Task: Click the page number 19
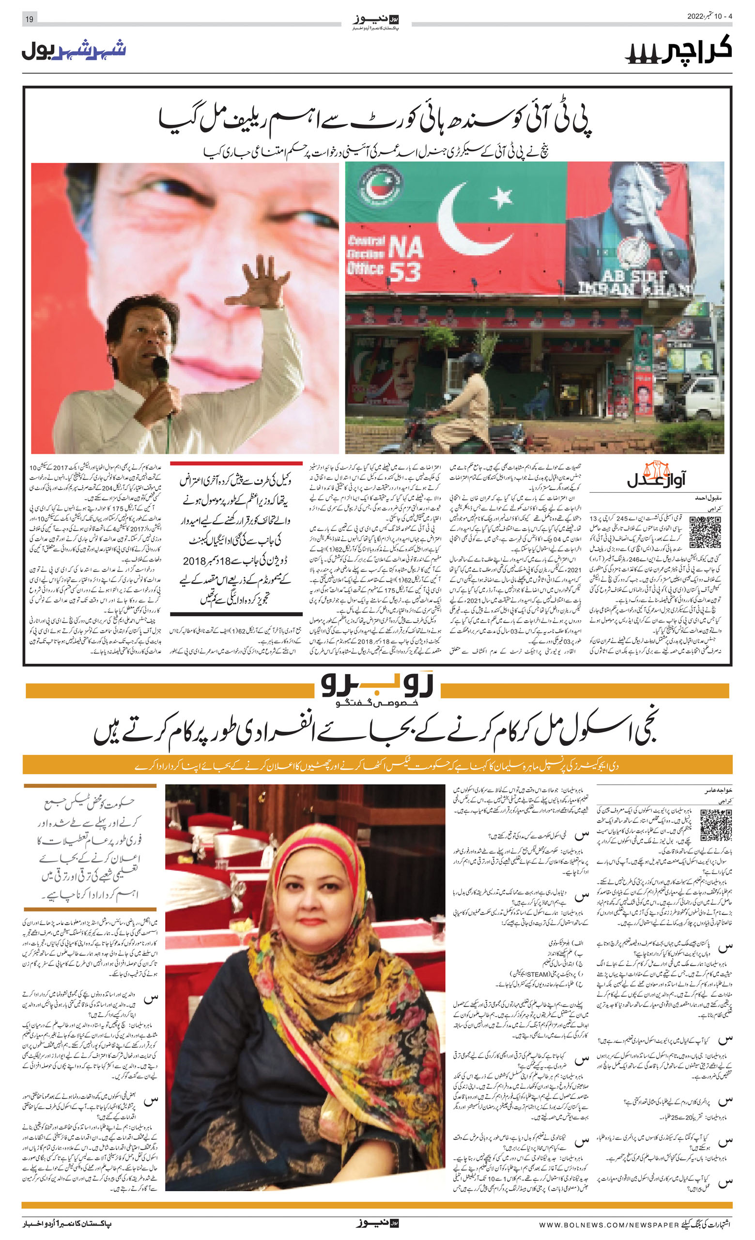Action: (x=29, y=19)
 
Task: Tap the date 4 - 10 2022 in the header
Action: (x=709, y=16)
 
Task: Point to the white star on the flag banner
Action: (x=502, y=197)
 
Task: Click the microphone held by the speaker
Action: (x=160, y=367)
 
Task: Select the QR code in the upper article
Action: (x=705, y=532)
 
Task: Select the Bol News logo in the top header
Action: (x=376, y=20)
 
